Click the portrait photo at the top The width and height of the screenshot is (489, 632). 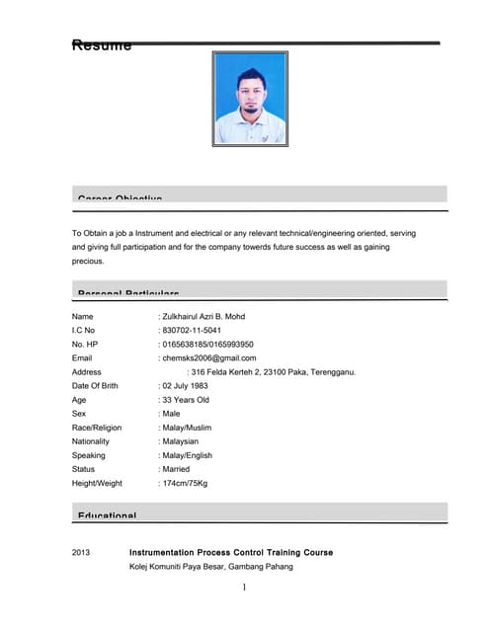click(250, 99)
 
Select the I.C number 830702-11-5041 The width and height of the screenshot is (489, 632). click(192, 330)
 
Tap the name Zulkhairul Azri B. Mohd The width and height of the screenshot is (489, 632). click(204, 316)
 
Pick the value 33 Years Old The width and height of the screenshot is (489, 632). click(186, 400)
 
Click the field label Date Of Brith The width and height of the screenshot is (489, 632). click(95, 386)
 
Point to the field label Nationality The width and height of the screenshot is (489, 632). click(91, 441)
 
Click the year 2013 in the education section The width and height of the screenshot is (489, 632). click(82, 552)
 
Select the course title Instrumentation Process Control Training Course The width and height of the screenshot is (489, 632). click(231, 552)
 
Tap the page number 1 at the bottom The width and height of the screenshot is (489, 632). click(244, 589)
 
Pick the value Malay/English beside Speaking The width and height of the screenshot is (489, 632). click(188, 455)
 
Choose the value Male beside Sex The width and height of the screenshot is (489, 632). click(172, 414)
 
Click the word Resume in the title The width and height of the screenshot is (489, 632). click(102, 44)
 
